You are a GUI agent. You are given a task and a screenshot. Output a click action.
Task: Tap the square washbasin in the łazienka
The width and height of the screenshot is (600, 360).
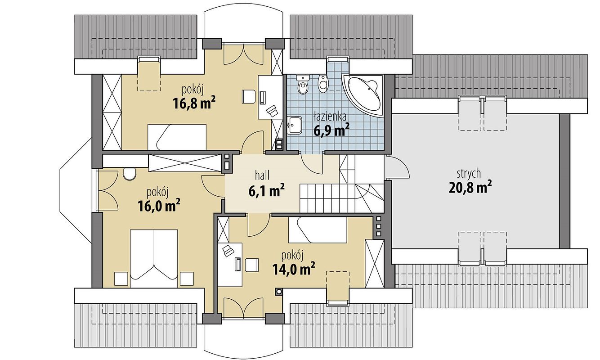coord(294,125)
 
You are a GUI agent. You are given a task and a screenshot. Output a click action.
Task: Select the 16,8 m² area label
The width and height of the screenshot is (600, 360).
coord(194,103)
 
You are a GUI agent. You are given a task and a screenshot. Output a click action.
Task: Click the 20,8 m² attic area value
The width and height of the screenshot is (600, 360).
coord(470,188)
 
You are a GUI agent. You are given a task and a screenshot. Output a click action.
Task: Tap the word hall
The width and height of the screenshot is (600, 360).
coord(262,176)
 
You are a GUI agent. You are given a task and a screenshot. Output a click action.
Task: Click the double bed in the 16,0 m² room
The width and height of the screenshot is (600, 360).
coord(154,258)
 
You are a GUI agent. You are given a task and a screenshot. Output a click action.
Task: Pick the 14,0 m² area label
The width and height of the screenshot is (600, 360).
coord(293,269)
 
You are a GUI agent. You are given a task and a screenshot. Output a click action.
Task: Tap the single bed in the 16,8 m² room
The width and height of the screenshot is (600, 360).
coord(177,137)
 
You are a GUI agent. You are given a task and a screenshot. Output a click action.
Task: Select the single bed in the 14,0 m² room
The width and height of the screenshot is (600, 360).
coord(318,230)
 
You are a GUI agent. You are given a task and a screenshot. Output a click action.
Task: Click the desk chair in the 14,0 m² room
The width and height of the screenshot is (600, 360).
coord(251,265)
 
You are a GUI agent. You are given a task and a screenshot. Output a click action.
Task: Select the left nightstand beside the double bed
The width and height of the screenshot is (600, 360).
coord(121,279)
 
